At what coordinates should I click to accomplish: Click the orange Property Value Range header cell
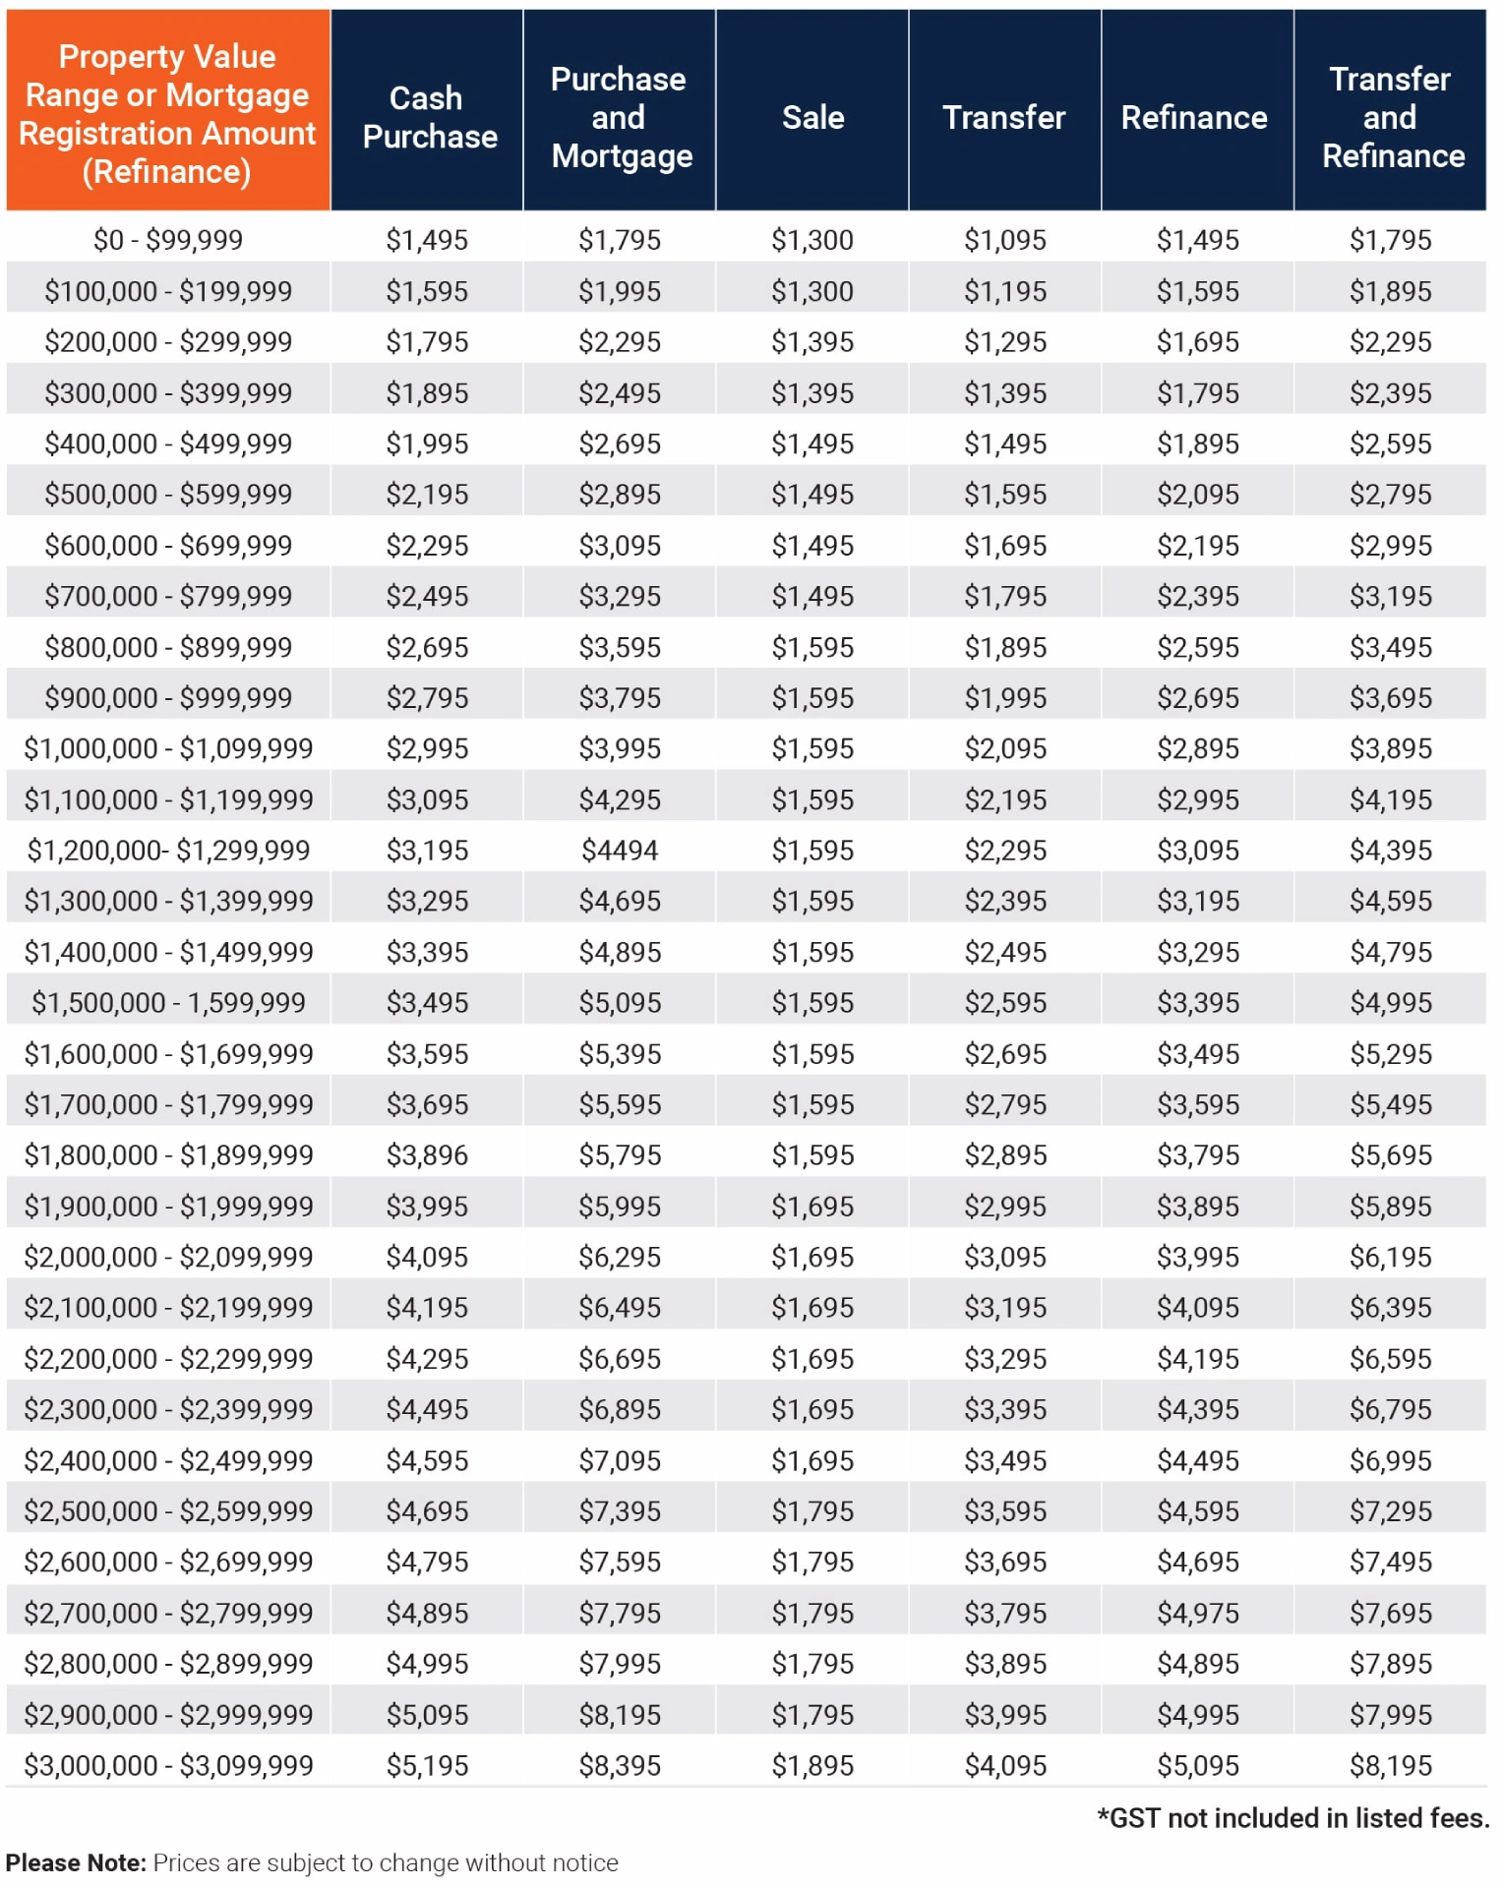point(167,112)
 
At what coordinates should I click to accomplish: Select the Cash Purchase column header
point(429,117)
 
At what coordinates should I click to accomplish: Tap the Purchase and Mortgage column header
point(620,117)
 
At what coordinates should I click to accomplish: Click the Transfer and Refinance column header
point(1392,117)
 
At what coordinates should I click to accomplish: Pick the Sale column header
point(812,117)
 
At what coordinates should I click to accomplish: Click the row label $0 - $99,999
point(168,240)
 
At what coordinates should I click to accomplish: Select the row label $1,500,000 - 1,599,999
point(168,1003)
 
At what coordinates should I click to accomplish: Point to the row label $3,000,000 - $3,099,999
point(168,1766)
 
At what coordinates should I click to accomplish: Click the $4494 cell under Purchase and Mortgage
point(620,851)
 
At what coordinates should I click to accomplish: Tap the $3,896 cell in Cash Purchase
point(427,1155)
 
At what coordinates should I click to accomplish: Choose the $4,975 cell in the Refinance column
point(1198,1614)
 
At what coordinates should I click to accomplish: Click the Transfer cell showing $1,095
point(1005,240)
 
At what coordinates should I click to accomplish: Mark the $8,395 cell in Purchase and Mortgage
point(620,1766)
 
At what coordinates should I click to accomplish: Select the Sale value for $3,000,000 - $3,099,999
point(812,1766)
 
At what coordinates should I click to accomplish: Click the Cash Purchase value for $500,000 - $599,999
point(427,495)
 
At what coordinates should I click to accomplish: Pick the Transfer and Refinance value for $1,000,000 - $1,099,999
point(1391,749)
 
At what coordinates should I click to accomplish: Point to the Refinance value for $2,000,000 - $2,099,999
point(1198,1258)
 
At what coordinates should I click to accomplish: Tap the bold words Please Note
point(76,1863)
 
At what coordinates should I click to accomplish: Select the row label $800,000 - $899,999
point(168,648)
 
